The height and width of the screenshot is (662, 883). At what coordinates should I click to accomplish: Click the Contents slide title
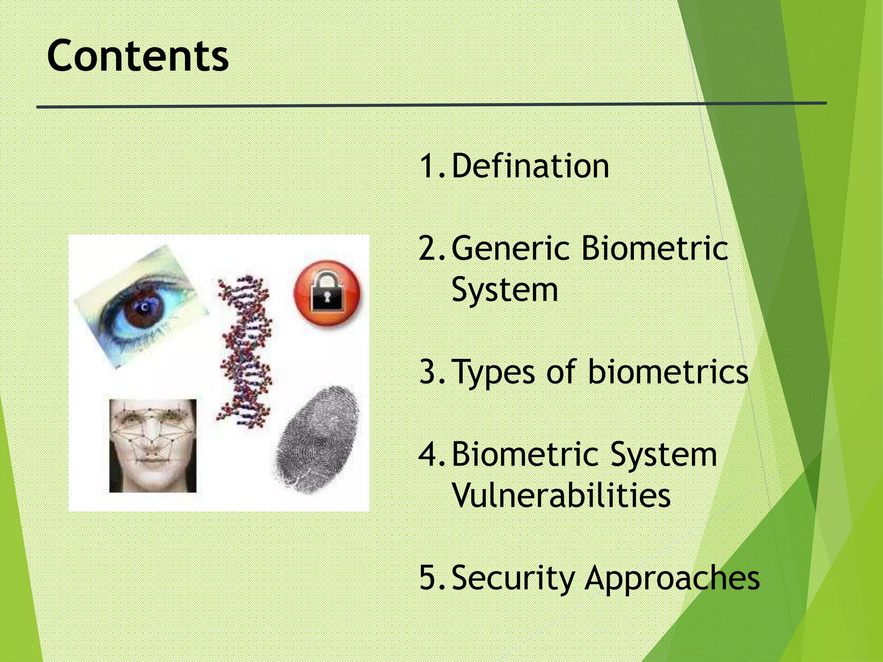[x=138, y=56]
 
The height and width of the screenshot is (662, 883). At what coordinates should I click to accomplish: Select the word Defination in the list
[x=530, y=166]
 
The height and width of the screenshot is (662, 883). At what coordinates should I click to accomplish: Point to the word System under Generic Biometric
[x=504, y=290]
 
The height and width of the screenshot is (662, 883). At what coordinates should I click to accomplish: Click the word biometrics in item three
[x=668, y=372]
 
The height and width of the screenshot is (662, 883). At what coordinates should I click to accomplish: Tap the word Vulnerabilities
[x=561, y=496]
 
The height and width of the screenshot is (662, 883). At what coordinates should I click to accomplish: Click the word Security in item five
[x=513, y=578]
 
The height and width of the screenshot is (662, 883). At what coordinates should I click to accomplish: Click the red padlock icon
[x=327, y=293]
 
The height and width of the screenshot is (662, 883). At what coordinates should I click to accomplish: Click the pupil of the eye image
[x=144, y=307]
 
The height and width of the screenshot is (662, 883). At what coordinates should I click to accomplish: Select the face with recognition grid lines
[x=153, y=446]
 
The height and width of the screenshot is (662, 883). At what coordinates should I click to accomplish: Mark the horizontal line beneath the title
[x=431, y=105]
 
